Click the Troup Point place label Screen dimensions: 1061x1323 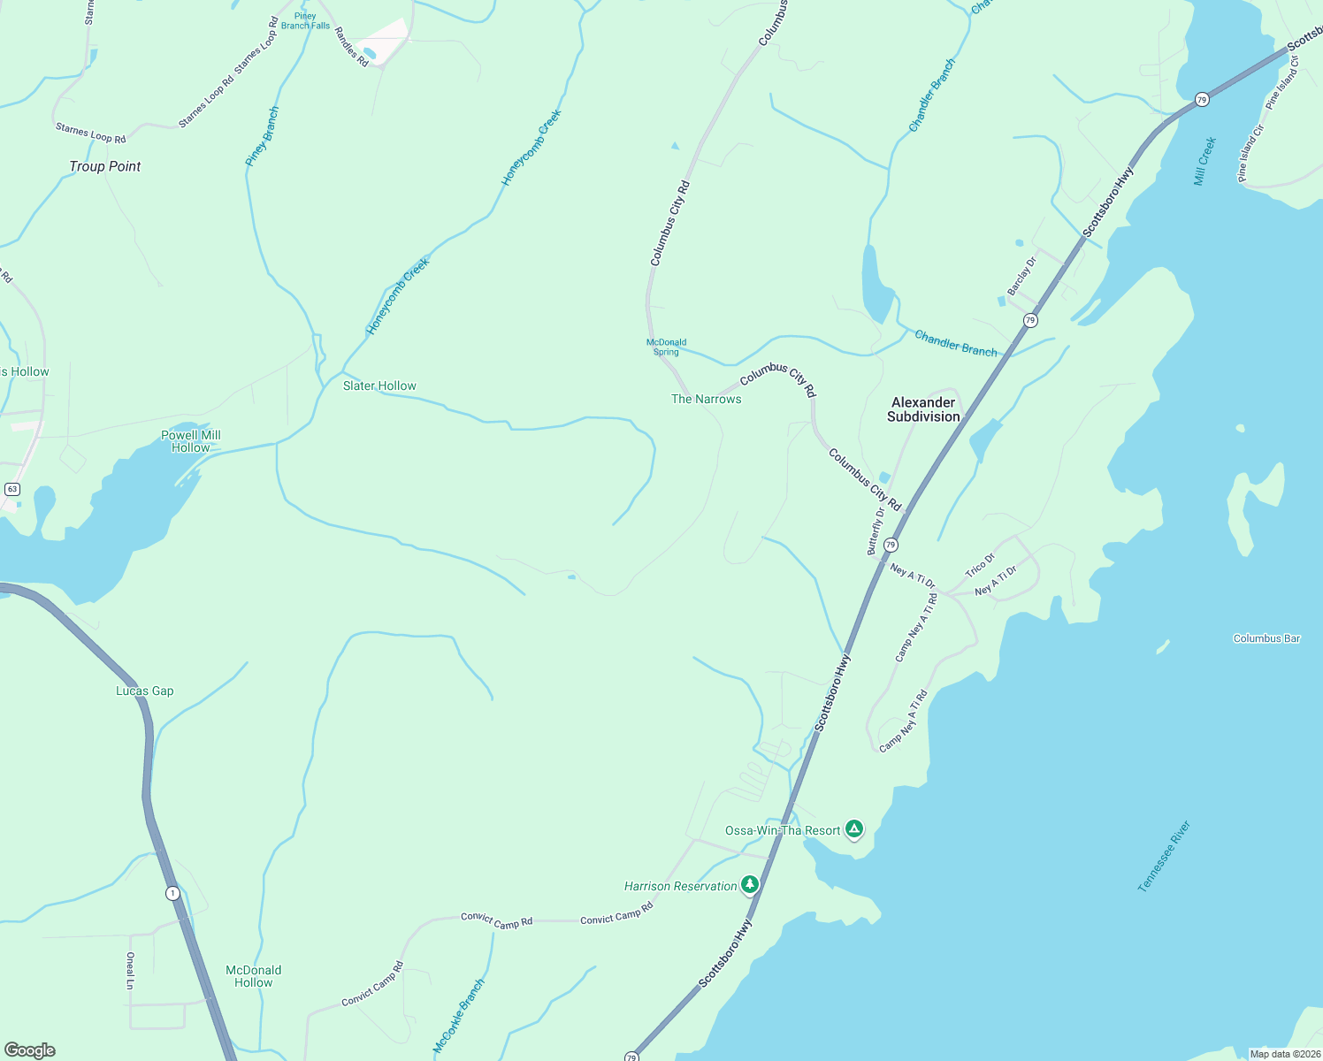click(105, 166)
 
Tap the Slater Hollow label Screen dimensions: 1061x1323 click(379, 385)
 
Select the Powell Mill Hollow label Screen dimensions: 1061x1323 click(191, 441)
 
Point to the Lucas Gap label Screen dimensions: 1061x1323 click(145, 691)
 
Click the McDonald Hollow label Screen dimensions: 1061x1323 click(254, 976)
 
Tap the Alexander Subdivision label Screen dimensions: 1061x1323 click(923, 409)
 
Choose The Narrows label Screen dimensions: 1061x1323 click(706, 399)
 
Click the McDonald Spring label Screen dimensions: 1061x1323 click(666, 347)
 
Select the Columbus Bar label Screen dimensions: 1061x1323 click(1266, 638)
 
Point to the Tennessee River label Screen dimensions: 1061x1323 click(1164, 856)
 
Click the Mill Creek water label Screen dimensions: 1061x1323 click(1204, 161)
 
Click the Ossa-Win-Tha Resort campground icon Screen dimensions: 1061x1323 click(853, 828)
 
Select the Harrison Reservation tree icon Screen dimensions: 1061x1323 click(750, 884)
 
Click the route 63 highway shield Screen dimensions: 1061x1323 click(11, 489)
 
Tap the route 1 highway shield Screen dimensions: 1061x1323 click(172, 893)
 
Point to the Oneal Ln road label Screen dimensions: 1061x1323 click(131, 970)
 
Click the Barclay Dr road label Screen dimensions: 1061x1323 click(1021, 277)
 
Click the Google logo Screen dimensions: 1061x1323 click(30, 1050)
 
